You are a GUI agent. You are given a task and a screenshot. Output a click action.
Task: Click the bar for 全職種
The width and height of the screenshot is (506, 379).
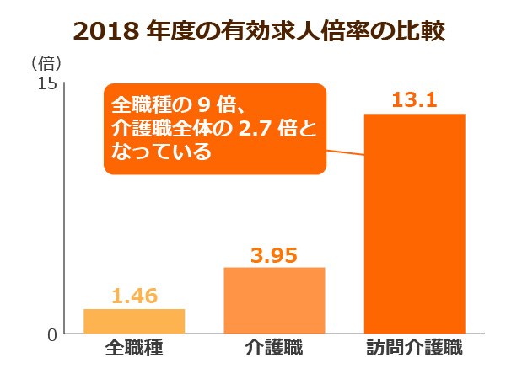point(134,321)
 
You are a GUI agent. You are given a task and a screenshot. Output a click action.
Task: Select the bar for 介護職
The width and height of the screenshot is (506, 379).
point(274,301)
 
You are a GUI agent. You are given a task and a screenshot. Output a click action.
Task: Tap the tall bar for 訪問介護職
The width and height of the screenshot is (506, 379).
point(414,223)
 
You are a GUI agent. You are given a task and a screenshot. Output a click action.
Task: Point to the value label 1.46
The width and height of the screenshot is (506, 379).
point(134,296)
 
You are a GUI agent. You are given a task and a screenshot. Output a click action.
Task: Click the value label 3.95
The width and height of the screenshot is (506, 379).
point(274,255)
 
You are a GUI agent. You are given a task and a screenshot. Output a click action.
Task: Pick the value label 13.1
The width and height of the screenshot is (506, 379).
point(414,101)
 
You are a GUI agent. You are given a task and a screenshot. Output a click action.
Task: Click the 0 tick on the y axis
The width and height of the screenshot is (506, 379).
point(51,334)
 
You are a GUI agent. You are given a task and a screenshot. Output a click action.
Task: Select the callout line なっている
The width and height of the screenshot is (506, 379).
point(161,154)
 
